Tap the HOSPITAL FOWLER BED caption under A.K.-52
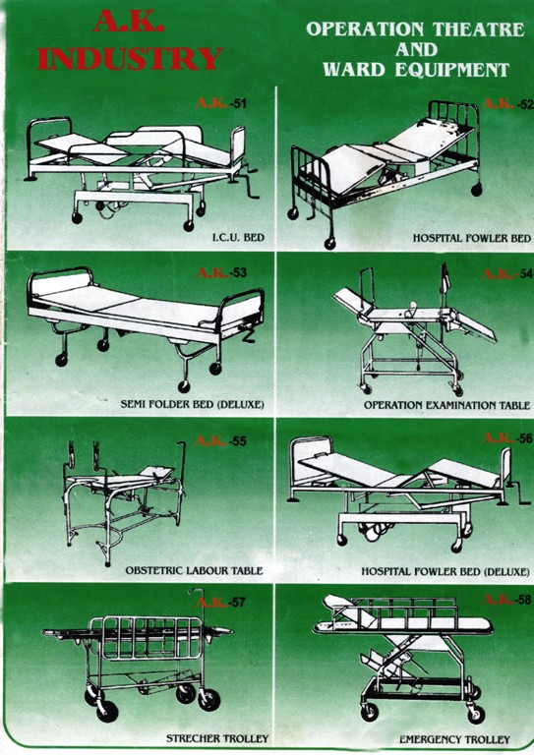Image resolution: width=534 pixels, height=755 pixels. point(472,238)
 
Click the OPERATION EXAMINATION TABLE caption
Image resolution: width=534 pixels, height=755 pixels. point(446,404)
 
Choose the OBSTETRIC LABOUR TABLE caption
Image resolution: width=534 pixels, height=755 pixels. point(194,570)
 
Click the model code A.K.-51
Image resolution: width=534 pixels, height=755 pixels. point(223,103)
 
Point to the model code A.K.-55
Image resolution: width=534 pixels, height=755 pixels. point(222,440)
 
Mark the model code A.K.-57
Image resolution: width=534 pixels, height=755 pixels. point(222,602)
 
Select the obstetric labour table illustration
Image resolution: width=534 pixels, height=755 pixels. point(123,496)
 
